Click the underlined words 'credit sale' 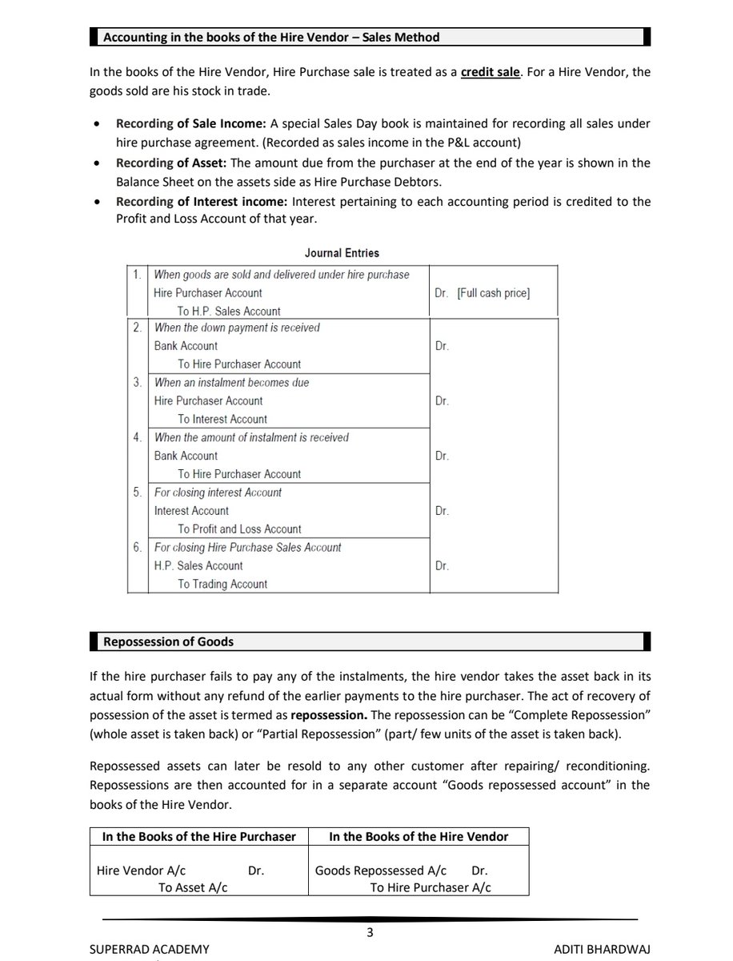point(491,72)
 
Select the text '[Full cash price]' point(493,293)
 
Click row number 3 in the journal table point(138,383)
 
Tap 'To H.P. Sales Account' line point(229,312)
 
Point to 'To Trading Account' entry point(222,585)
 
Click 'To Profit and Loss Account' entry point(239,529)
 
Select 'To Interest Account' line point(222,420)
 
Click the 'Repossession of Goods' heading point(169,642)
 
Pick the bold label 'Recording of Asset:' point(170,163)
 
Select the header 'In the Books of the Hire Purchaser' point(199,836)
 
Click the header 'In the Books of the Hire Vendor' point(419,836)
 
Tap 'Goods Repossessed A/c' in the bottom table point(381,871)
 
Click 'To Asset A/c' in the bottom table point(193,887)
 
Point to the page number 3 point(370,932)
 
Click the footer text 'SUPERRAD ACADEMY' point(150,949)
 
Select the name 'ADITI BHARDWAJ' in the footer point(603,949)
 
